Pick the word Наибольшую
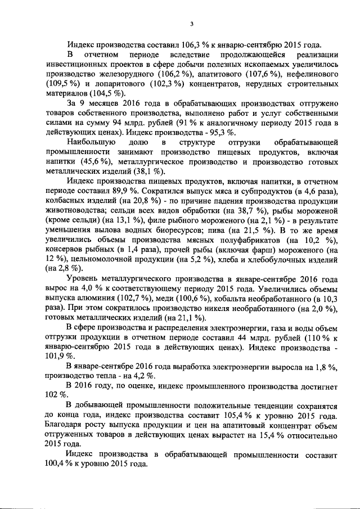point(91,143)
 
